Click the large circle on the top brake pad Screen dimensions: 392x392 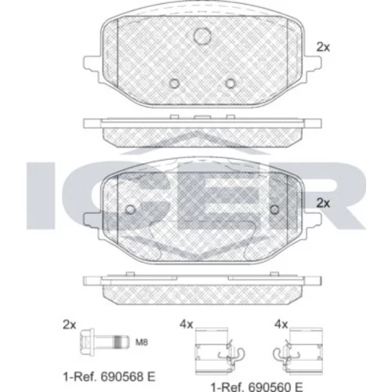[202, 36]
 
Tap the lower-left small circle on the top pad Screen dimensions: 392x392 [174, 83]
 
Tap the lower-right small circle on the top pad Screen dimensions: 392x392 [230, 83]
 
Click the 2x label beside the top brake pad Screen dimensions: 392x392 [323, 47]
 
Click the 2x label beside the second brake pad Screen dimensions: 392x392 [323, 203]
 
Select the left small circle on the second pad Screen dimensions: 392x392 [130, 209]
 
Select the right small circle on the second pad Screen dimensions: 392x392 [274, 209]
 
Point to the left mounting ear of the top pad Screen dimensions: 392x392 [92, 65]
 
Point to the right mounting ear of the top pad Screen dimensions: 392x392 [313, 65]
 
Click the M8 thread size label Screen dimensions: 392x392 [141, 342]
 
